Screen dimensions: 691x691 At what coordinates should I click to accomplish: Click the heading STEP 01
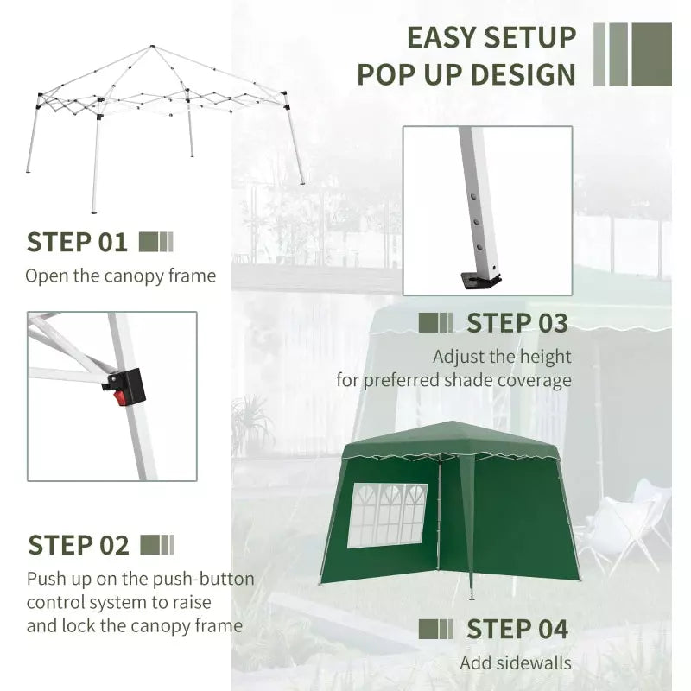tap(77, 242)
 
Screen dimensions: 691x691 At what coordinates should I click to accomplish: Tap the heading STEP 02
tap(79, 545)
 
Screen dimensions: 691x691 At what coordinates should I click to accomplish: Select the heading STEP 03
tap(517, 323)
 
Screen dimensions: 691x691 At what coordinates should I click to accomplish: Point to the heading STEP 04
tap(517, 630)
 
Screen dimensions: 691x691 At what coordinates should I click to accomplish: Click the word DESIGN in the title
tap(523, 74)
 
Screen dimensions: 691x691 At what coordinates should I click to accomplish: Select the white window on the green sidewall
tap(387, 515)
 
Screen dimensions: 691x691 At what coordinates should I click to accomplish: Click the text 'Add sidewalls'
tap(515, 663)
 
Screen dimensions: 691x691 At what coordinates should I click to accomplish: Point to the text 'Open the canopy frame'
tap(120, 276)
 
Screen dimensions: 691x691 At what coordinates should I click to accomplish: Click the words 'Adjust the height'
tap(502, 356)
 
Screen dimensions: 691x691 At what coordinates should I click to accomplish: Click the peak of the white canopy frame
tap(152, 47)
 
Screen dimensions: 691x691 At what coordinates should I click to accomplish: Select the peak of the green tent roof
tap(453, 423)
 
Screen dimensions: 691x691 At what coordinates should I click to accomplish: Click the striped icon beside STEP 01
tap(155, 242)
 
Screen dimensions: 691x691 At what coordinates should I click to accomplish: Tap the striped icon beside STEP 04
tap(435, 630)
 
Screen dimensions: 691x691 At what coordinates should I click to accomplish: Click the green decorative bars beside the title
tap(632, 54)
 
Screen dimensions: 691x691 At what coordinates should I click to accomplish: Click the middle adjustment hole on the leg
tap(476, 221)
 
